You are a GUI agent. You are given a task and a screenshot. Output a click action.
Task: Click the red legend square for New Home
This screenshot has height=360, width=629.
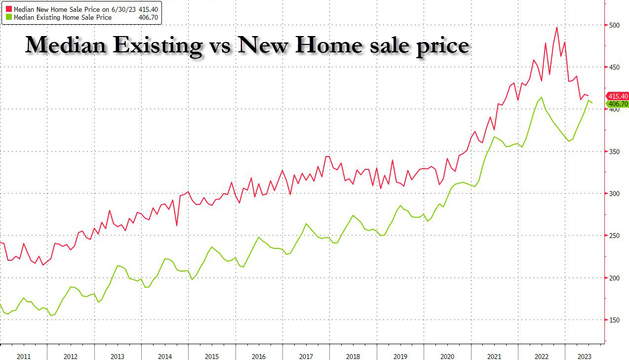coord(9,9)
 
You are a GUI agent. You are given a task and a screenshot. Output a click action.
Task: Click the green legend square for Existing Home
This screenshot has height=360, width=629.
coord(9,17)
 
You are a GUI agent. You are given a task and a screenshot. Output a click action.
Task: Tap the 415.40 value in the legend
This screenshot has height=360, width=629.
coord(148,9)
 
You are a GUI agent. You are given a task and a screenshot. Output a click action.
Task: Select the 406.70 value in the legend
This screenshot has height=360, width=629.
coord(148,17)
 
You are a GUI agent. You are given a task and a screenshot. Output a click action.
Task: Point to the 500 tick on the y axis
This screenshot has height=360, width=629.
coord(614,25)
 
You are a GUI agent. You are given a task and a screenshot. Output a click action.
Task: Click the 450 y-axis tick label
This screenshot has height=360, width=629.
coord(614,67)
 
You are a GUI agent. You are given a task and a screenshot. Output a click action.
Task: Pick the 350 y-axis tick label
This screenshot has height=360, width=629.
coord(614,152)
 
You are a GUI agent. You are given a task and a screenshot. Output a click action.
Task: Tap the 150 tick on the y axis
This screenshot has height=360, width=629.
coord(614,320)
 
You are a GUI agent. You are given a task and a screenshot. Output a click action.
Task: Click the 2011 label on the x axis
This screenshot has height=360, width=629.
coord(24,357)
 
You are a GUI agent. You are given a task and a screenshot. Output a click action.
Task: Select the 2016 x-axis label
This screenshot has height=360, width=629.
coord(259,357)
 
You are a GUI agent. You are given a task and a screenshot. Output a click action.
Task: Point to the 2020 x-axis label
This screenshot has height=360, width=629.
coord(447,357)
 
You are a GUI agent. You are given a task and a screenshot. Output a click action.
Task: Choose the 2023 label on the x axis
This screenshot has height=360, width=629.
coord(585,357)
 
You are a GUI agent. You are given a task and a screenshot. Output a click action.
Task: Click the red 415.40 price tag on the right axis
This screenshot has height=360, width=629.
coord(618,96)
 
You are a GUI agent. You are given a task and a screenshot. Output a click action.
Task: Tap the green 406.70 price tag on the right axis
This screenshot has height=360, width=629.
coord(618,104)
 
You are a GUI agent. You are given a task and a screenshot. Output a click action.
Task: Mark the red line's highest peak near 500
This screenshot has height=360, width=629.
coord(557,27)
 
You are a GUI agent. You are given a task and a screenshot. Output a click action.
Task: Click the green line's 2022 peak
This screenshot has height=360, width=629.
coord(542,97)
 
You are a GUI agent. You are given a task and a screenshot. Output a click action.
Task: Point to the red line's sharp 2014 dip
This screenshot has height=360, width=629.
coord(177,225)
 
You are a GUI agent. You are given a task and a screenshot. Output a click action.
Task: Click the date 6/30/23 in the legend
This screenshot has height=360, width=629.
coord(123,9)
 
